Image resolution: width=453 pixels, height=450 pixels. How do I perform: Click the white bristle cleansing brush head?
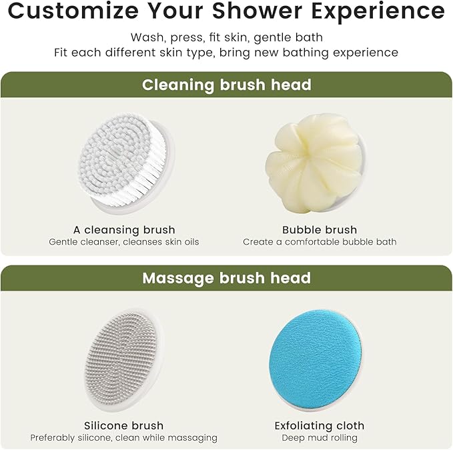[x=126, y=161]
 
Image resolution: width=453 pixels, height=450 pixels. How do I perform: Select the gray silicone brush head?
[x=124, y=360]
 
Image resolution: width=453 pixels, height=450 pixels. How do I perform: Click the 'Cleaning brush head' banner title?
[x=226, y=85]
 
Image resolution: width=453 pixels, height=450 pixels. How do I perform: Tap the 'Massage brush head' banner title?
[x=226, y=278]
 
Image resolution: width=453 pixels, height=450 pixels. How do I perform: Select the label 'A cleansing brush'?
[x=123, y=229]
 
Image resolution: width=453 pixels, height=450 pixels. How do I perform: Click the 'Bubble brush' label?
[x=320, y=229]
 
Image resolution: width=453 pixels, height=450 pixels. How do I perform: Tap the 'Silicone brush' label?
[x=123, y=425]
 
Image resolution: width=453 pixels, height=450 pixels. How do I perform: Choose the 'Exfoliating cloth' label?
[x=320, y=425]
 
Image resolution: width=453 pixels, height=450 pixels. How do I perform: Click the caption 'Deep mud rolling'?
[x=320, y=438]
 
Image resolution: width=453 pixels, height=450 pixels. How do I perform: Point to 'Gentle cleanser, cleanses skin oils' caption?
[x=123, y=242]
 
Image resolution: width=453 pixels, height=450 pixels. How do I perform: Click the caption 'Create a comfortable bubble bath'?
[x=320, y=242]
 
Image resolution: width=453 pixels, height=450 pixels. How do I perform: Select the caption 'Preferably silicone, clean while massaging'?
[x=123, y=438]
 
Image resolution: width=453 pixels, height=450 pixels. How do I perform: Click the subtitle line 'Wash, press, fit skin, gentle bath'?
[x=226, y=37]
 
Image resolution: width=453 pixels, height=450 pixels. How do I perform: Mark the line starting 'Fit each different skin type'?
[x=226, y=52]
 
